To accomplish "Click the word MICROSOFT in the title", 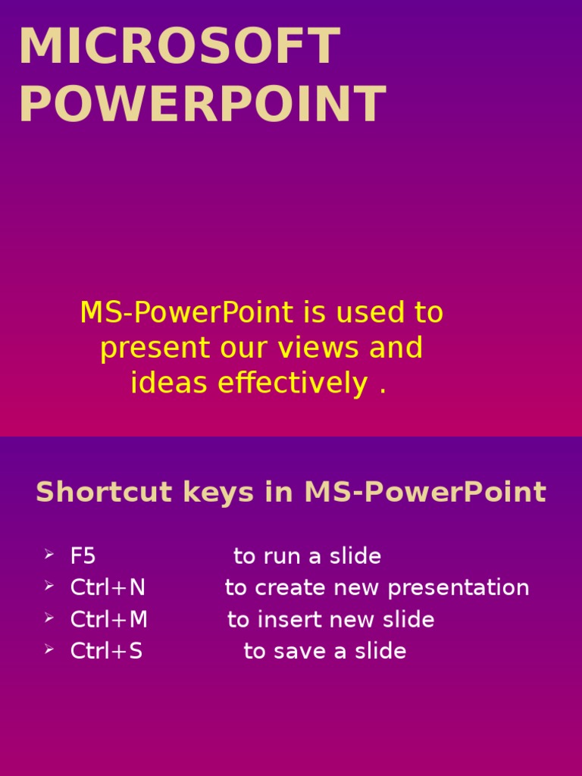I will click(x=180, y=46).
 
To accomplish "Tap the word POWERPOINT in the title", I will click(x=202, y=105).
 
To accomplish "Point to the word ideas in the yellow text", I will click(x=171, y=383).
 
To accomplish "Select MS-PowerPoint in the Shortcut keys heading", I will click(x=425, y=493).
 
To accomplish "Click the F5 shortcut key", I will click(x=83, y=556).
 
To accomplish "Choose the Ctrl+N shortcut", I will click(x=108, y=588).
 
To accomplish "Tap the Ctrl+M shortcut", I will click(x=108, y=620).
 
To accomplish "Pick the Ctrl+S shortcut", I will click(x=106, y=651).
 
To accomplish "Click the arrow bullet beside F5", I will click(x=48, y=555).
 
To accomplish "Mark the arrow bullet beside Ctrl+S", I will click(x=48, y=650).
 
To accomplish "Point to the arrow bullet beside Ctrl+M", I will click(x=48, y=618).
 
